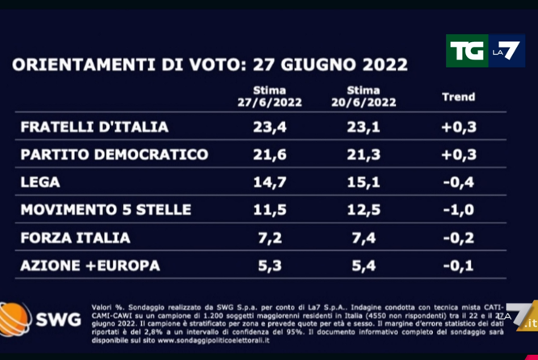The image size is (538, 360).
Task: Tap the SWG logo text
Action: [58, 320]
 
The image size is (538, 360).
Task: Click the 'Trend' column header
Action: [458, 97]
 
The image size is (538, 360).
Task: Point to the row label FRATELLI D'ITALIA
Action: [95, 127]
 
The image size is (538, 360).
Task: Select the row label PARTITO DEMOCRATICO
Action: [114, 154]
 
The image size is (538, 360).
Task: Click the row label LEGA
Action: [40, 182]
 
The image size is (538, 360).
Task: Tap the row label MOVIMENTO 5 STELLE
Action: [106, 210]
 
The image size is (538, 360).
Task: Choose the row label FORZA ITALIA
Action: [75, 238]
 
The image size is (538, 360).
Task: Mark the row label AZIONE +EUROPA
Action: [90, 266]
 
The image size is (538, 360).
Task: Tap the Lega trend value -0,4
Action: [458, 182]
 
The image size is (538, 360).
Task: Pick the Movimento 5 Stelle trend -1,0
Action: [458, 210]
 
